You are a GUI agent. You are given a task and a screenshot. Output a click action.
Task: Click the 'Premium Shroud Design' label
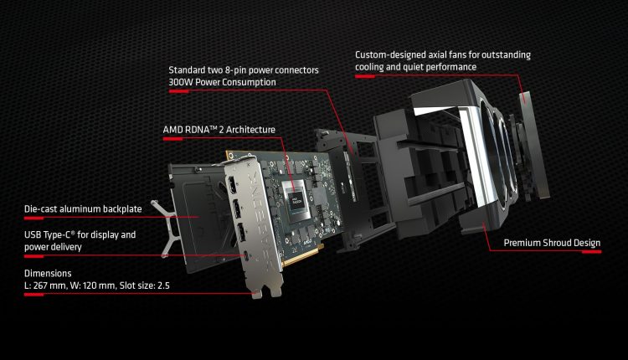[x=552, y=244]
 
